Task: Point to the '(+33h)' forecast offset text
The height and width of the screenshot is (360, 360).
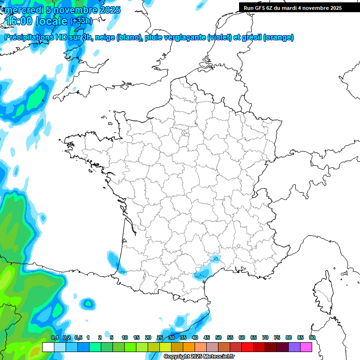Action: [81, 21]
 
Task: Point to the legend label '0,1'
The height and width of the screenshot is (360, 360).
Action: [54, 337]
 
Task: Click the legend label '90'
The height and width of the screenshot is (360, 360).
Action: [312, 337]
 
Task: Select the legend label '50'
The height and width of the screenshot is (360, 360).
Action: [218, 337]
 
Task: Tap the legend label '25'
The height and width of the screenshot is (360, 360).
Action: [160, 337]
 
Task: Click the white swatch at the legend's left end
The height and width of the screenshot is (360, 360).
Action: [48, 347]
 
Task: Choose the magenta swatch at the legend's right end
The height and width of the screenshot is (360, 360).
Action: [306, 347]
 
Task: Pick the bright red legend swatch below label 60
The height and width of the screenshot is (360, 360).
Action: [247, 347]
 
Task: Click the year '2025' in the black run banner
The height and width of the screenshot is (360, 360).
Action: [334, 8]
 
